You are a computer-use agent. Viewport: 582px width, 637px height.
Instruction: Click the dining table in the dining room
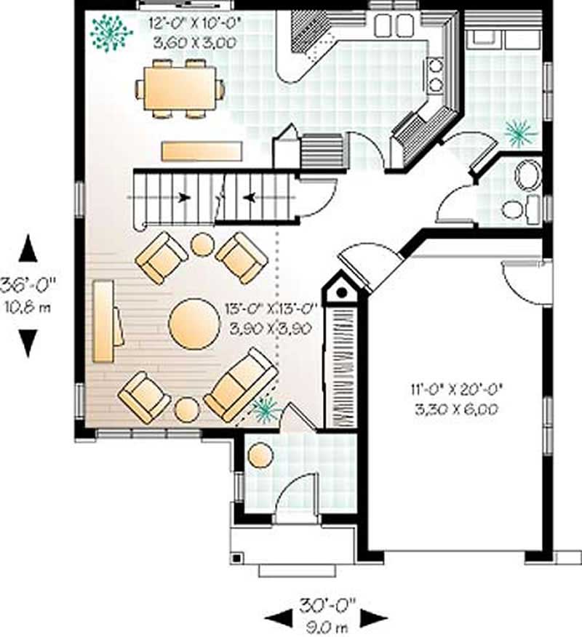pos(179,88)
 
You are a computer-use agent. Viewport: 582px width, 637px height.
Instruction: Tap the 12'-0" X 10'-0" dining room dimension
pos(194,23)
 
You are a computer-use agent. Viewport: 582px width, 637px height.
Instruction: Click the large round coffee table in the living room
pos(194,323)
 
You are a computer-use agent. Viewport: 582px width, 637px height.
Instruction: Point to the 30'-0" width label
pos(325,605)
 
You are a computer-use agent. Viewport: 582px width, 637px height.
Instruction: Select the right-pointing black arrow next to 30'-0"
pos(373,619)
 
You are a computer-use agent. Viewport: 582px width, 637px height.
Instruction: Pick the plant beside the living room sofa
pos(263,410)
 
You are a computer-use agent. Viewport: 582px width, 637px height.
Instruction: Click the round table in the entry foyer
pos(260,455)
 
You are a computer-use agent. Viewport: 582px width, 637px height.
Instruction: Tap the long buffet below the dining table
pos(202,151)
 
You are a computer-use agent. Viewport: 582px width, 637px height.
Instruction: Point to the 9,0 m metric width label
pos(325,623)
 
